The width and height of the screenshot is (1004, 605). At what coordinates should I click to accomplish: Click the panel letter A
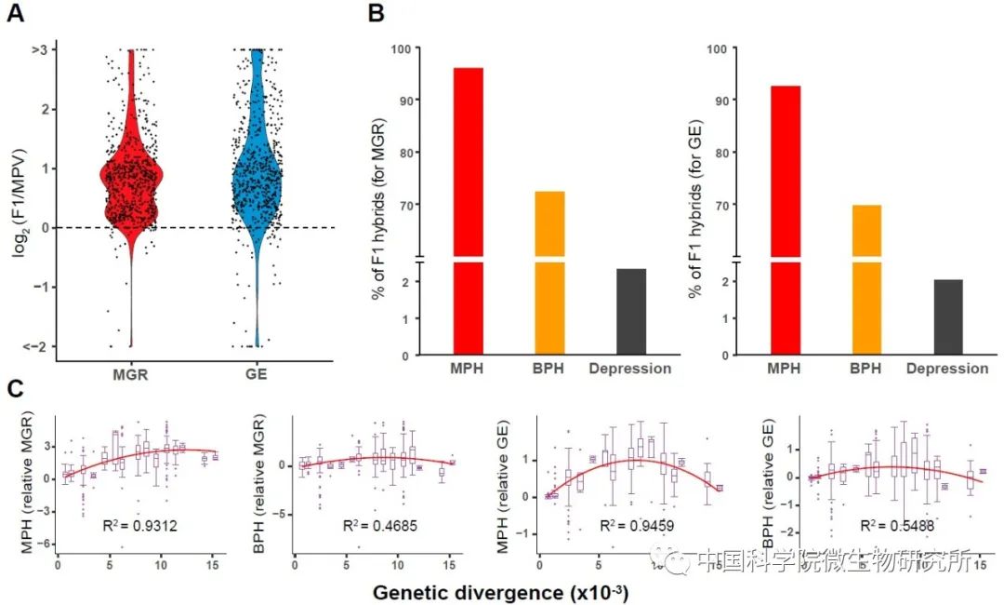click(16, 15)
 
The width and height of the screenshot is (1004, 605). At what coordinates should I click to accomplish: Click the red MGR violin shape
click(131, 186)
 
